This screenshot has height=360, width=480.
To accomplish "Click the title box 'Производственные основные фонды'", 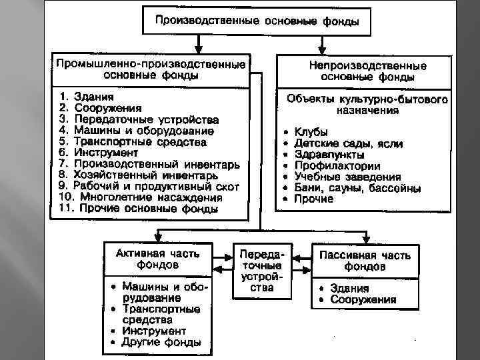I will (x=257, y=21).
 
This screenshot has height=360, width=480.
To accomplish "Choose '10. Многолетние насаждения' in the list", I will (x=141, y=198).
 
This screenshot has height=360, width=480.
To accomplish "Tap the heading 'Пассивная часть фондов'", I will (x=364, y=260).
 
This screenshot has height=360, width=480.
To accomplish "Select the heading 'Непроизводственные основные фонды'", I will (x=367, y=71).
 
